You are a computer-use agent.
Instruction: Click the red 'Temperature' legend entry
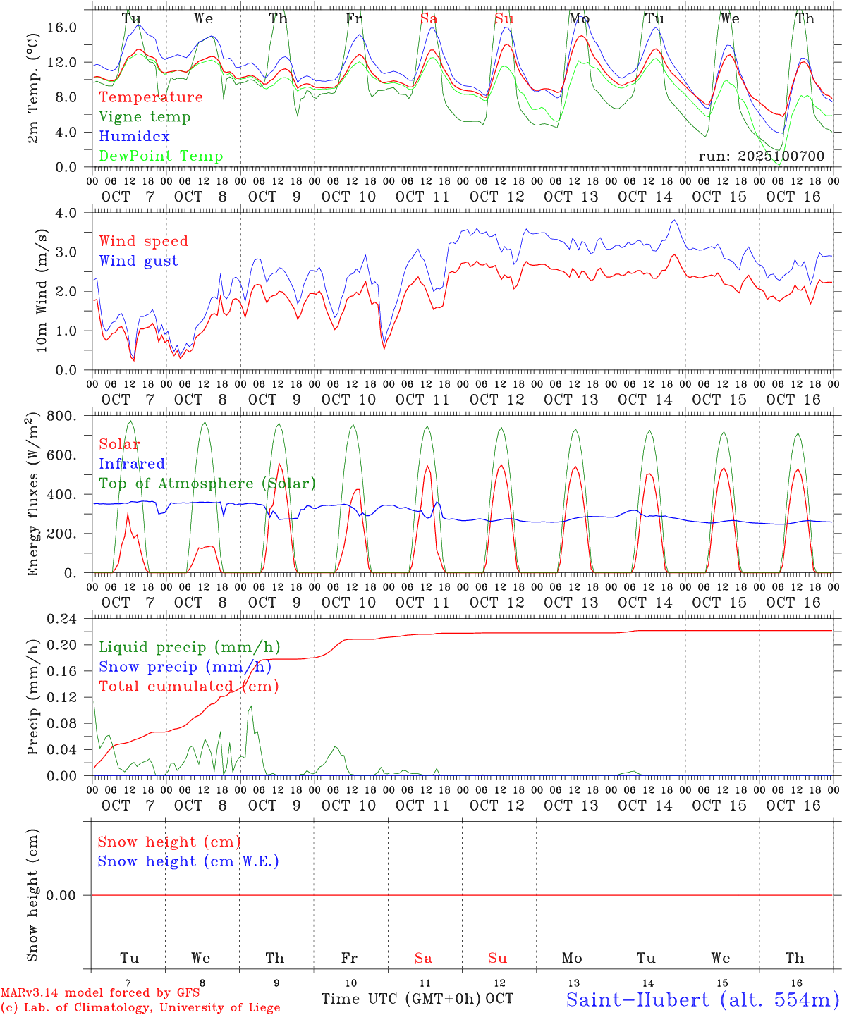[x=151, y=97]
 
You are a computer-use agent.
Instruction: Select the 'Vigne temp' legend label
[x=145, y=117]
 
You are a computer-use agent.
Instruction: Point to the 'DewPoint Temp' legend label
[x=161, y=156]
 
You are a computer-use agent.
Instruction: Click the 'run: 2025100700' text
[x=761, y=156]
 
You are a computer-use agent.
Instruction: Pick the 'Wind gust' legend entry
[x=138, y=261]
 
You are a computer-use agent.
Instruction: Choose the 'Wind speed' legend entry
[x=144, y=241]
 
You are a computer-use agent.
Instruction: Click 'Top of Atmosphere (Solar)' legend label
[x=207, y=484]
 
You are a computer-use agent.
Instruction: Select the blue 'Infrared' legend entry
[x=132, y=464]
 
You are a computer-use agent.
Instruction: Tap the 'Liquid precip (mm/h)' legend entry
[x=190, y=647]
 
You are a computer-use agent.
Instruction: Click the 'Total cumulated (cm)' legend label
[x=188, y=687]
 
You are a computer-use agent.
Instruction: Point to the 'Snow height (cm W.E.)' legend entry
[x=188, y=861]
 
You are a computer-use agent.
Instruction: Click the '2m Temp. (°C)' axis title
[x=32, y=90]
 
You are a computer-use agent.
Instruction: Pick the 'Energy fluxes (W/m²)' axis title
[x=32, y=496]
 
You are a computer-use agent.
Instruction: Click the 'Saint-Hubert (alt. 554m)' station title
[x=702, y=999]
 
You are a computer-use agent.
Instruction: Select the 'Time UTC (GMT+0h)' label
[x=401, y=999]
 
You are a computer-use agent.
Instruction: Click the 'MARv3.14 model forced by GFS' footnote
[x=100, y=993]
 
